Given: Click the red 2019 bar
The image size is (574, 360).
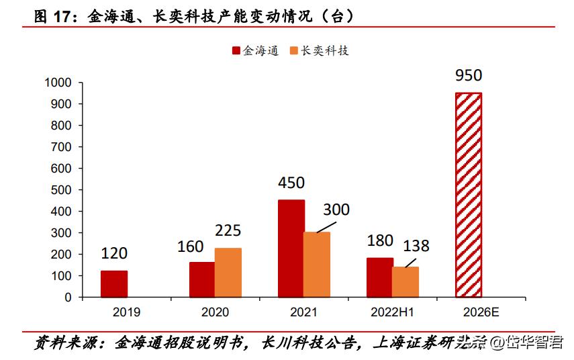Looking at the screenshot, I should tap(114, 283).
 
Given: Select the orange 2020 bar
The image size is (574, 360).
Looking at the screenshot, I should tap(228, 272).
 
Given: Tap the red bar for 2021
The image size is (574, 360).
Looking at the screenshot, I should tap(291, 248).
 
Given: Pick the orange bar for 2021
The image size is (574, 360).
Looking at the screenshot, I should tap(316, 264).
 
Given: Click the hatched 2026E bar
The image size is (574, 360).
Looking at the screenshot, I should tap(469, 195).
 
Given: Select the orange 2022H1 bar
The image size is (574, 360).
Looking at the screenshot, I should tap(405, 281).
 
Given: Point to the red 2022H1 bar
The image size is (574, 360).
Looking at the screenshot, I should tap(380, 277).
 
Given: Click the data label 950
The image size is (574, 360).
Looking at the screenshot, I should tap(469, 75).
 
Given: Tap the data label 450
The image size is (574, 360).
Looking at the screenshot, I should tap(291, 183).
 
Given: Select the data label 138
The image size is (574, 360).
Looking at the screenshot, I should tap(416, 246).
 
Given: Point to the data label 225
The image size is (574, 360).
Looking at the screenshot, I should tap(228, 231).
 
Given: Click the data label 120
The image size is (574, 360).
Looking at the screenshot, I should tap(114, 253).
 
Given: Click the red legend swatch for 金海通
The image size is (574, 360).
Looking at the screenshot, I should tap(236, 50).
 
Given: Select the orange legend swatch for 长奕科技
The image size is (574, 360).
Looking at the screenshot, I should tap(293, 50).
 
